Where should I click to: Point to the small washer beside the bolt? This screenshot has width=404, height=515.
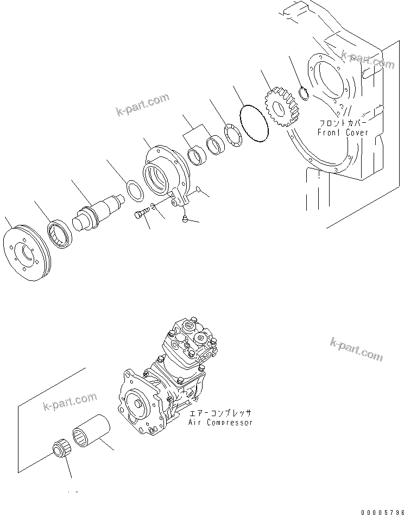point(154,206)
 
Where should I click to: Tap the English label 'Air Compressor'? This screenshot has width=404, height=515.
point(220,422)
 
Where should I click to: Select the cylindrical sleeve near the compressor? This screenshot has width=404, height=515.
point(92,432)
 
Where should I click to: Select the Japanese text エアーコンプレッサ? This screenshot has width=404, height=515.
point(220,413)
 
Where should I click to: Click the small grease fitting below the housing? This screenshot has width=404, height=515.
point(185,218)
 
